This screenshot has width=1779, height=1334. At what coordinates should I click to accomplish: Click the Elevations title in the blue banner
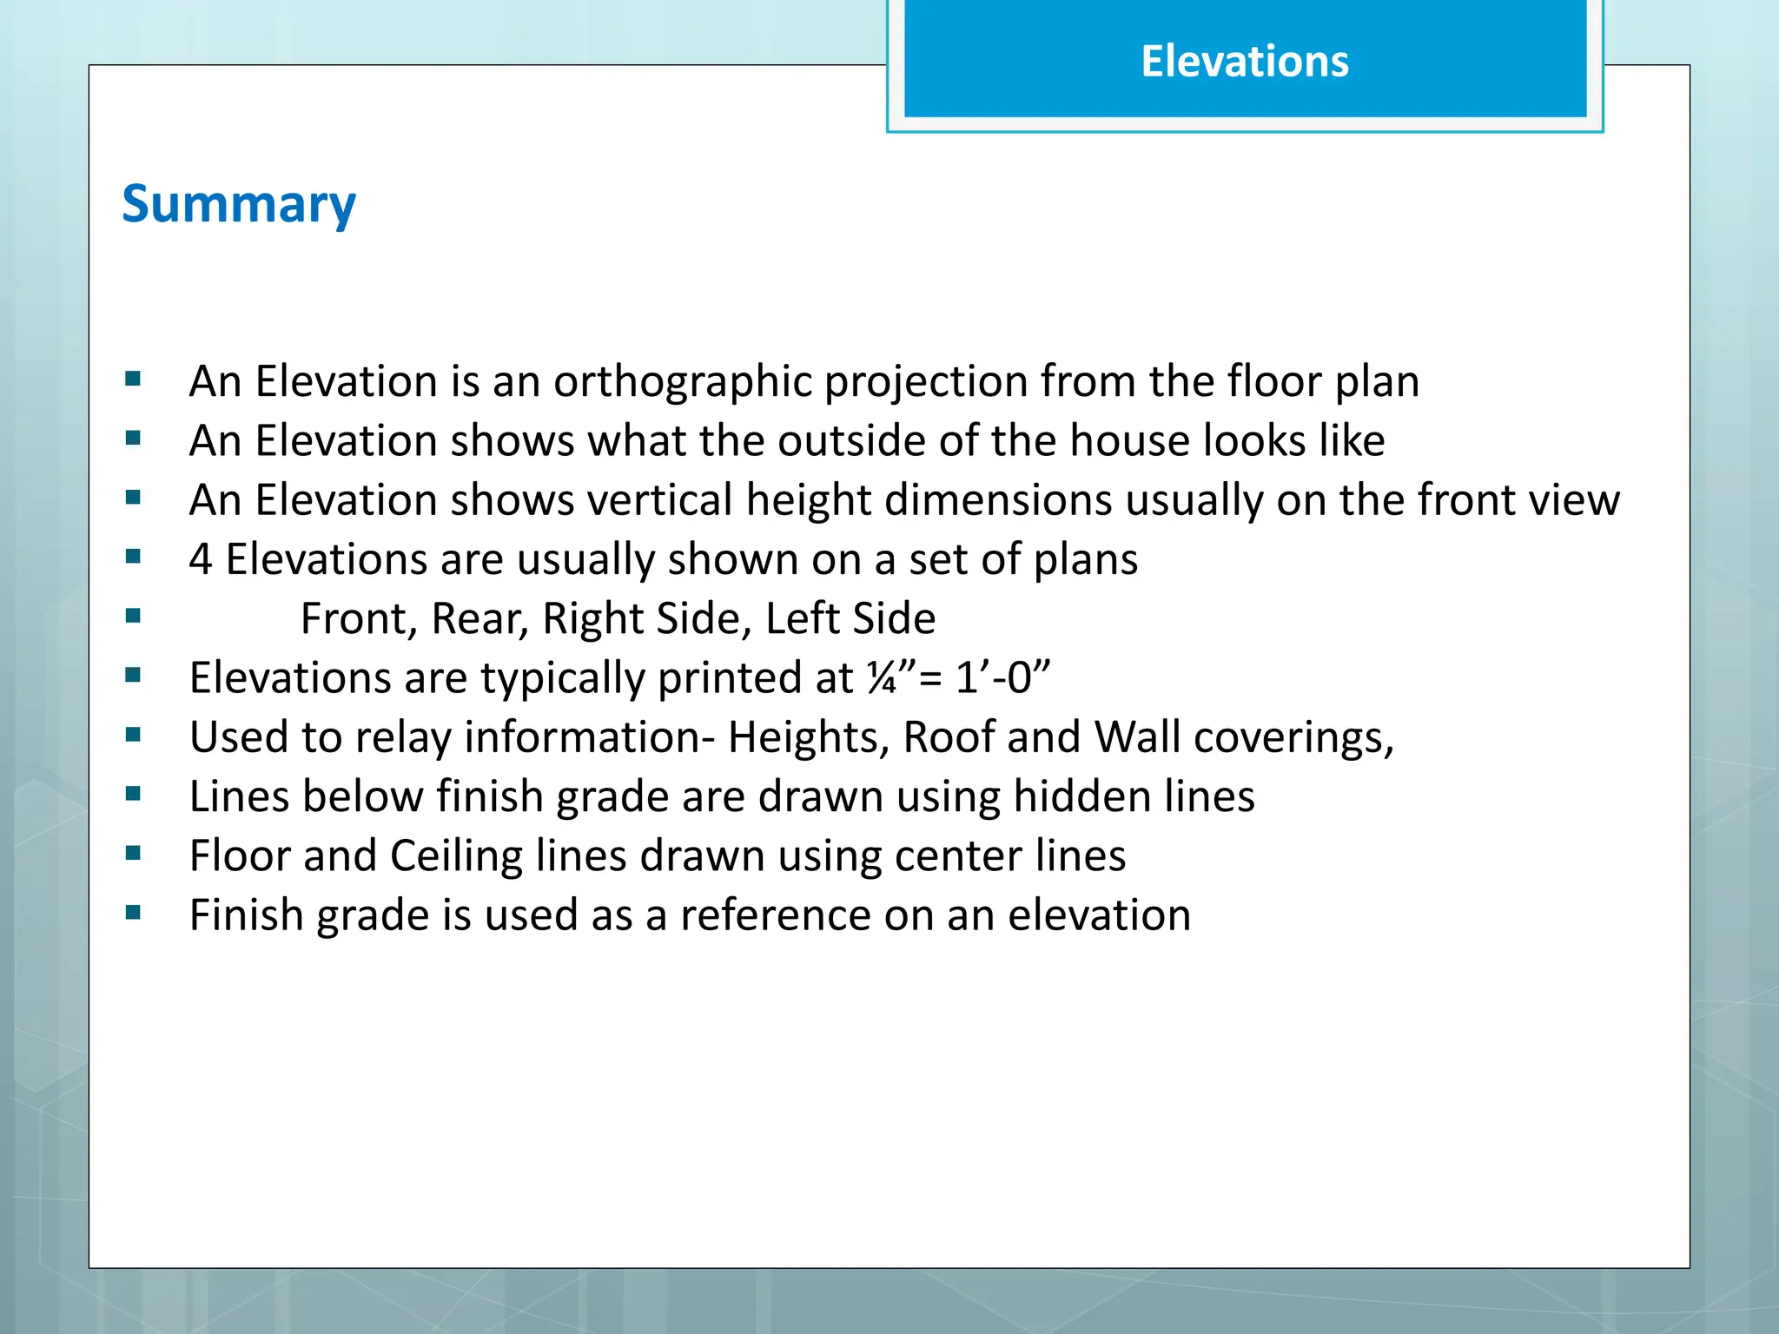(1244, 62)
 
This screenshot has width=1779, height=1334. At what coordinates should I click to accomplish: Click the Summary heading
(239, 204)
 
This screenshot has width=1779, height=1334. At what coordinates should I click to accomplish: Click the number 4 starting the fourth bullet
(201, 558)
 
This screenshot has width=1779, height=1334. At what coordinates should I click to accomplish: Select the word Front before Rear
(358, 618)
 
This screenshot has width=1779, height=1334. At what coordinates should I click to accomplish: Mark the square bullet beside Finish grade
(133, 913)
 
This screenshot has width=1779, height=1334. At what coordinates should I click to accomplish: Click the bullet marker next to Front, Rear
(133, 617)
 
